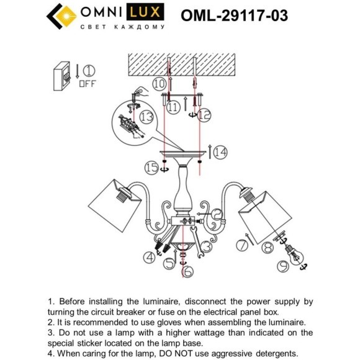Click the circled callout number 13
coord(146,117)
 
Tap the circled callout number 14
coord(220,150)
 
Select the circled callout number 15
coord(150,166)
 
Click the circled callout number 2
coord(217,214)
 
